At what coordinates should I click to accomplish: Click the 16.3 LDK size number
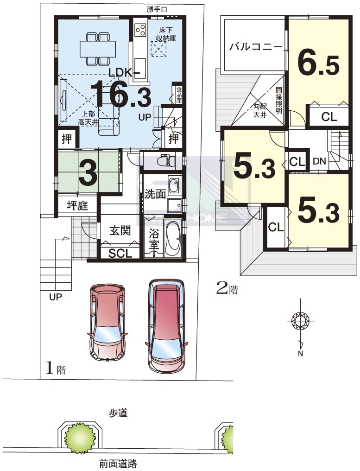[120, 94]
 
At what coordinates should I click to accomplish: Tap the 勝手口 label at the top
[157, 9]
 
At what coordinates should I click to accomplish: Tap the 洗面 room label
[155, 194]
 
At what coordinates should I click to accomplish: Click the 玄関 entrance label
[120, 231]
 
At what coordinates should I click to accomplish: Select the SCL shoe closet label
[120, 254]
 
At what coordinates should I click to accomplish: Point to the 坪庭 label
[77, 206]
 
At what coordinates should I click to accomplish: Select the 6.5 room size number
[318, 64]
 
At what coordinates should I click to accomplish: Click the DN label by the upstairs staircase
[319, 161]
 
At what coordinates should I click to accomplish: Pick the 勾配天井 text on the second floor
[259, 110]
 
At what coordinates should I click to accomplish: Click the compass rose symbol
[301, 320]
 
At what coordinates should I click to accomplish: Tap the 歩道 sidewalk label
[118, 413]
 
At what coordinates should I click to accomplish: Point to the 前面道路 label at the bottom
[118, 464]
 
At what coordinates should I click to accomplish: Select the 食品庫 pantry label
[179, 95]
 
